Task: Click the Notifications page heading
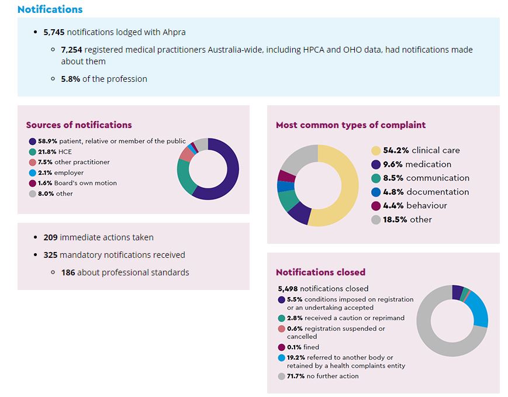pos(50,9)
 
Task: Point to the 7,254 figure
pos(72,50)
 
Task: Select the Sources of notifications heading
pos(79,125)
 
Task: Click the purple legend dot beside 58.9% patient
pos(32,141)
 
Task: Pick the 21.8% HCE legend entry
pos(55,151)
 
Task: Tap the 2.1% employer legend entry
pos(61,172)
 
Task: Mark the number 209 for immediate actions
pos(51,237)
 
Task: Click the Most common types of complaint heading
pos(350,125)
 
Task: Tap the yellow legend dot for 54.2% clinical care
pos(376,150)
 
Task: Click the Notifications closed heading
pos(320,272)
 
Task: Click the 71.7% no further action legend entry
pos(323,376)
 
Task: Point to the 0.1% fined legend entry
pos(303,347)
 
